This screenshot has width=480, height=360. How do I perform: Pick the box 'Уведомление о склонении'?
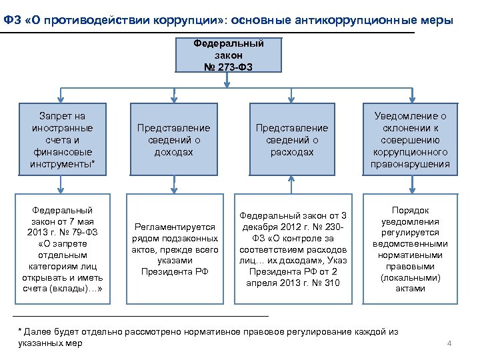click(410, 140)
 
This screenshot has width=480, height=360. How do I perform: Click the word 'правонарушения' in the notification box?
click(410, 164)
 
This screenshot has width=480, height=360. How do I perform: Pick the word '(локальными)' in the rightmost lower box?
click(410, 277)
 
